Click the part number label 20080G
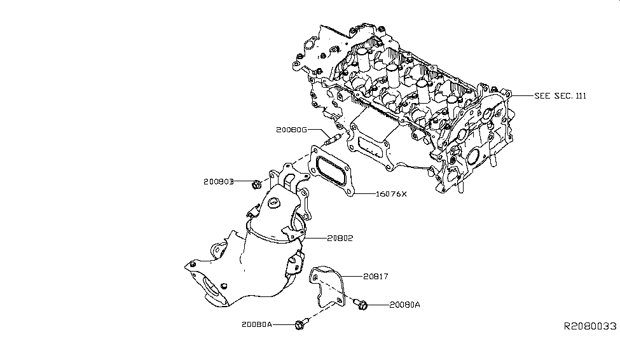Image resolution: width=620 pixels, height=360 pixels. pyautogui.click(x=291, y=130)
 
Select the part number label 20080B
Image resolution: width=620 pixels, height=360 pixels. pyautogui.click(x=219, y=182)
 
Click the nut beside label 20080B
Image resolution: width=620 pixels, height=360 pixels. pyautogui.click(x=255, y=184)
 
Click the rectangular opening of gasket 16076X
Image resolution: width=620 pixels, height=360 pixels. pyautogui.click(x=333, y=169)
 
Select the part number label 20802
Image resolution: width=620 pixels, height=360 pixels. pyautogui.click(x=340, y=239)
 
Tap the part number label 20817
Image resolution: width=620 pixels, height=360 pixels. pyautogui.click(x=375, y=277)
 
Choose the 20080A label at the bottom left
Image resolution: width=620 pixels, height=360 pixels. pyautogui.click(x=256, y=324)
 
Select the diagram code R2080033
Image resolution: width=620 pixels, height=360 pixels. pyautogui.click(x=590, y=326)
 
